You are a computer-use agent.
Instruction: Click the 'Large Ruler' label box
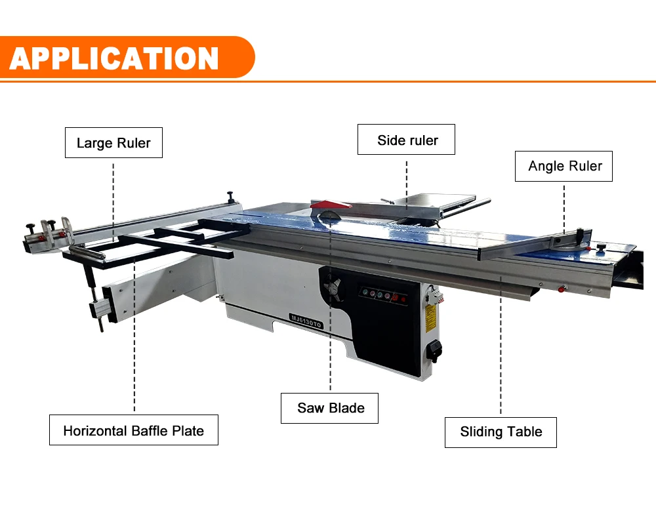[113, 143]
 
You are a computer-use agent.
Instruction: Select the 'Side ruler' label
[406, 140]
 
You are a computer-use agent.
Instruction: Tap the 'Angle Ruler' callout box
[564, 166]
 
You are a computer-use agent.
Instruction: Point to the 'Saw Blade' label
[330, 408]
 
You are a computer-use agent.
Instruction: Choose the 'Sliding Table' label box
[501, 432]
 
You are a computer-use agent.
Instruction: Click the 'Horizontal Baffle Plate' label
[133, 430]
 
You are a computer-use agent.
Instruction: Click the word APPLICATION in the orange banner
[114, 58]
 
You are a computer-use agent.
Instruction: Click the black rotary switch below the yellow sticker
[434, 352]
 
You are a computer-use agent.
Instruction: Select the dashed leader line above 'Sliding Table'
[501, 348]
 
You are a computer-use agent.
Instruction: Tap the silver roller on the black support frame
[88, 251]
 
